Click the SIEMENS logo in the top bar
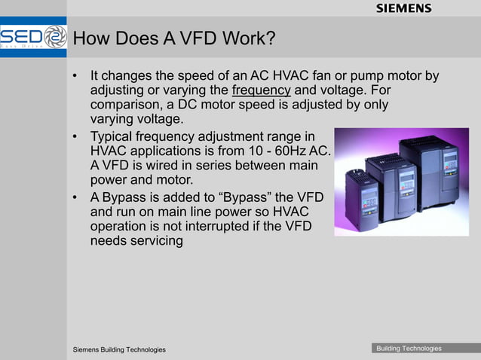403,8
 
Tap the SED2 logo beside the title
34,38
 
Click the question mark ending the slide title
269,38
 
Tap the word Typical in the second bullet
115,137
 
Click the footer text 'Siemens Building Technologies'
119,350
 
